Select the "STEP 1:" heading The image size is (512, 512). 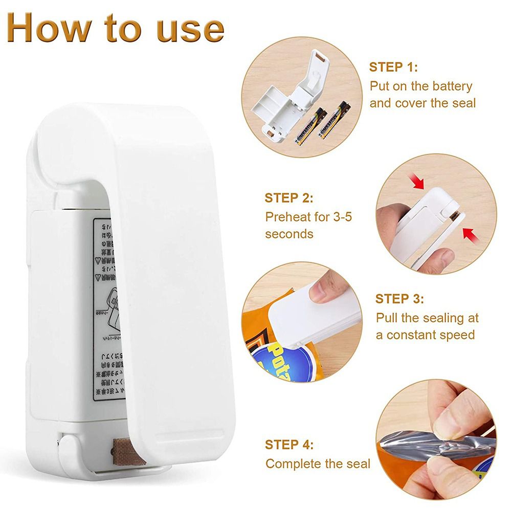393,68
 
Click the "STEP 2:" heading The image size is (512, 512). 288,198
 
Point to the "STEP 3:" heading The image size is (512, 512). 399,299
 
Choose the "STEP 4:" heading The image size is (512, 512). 289,444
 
